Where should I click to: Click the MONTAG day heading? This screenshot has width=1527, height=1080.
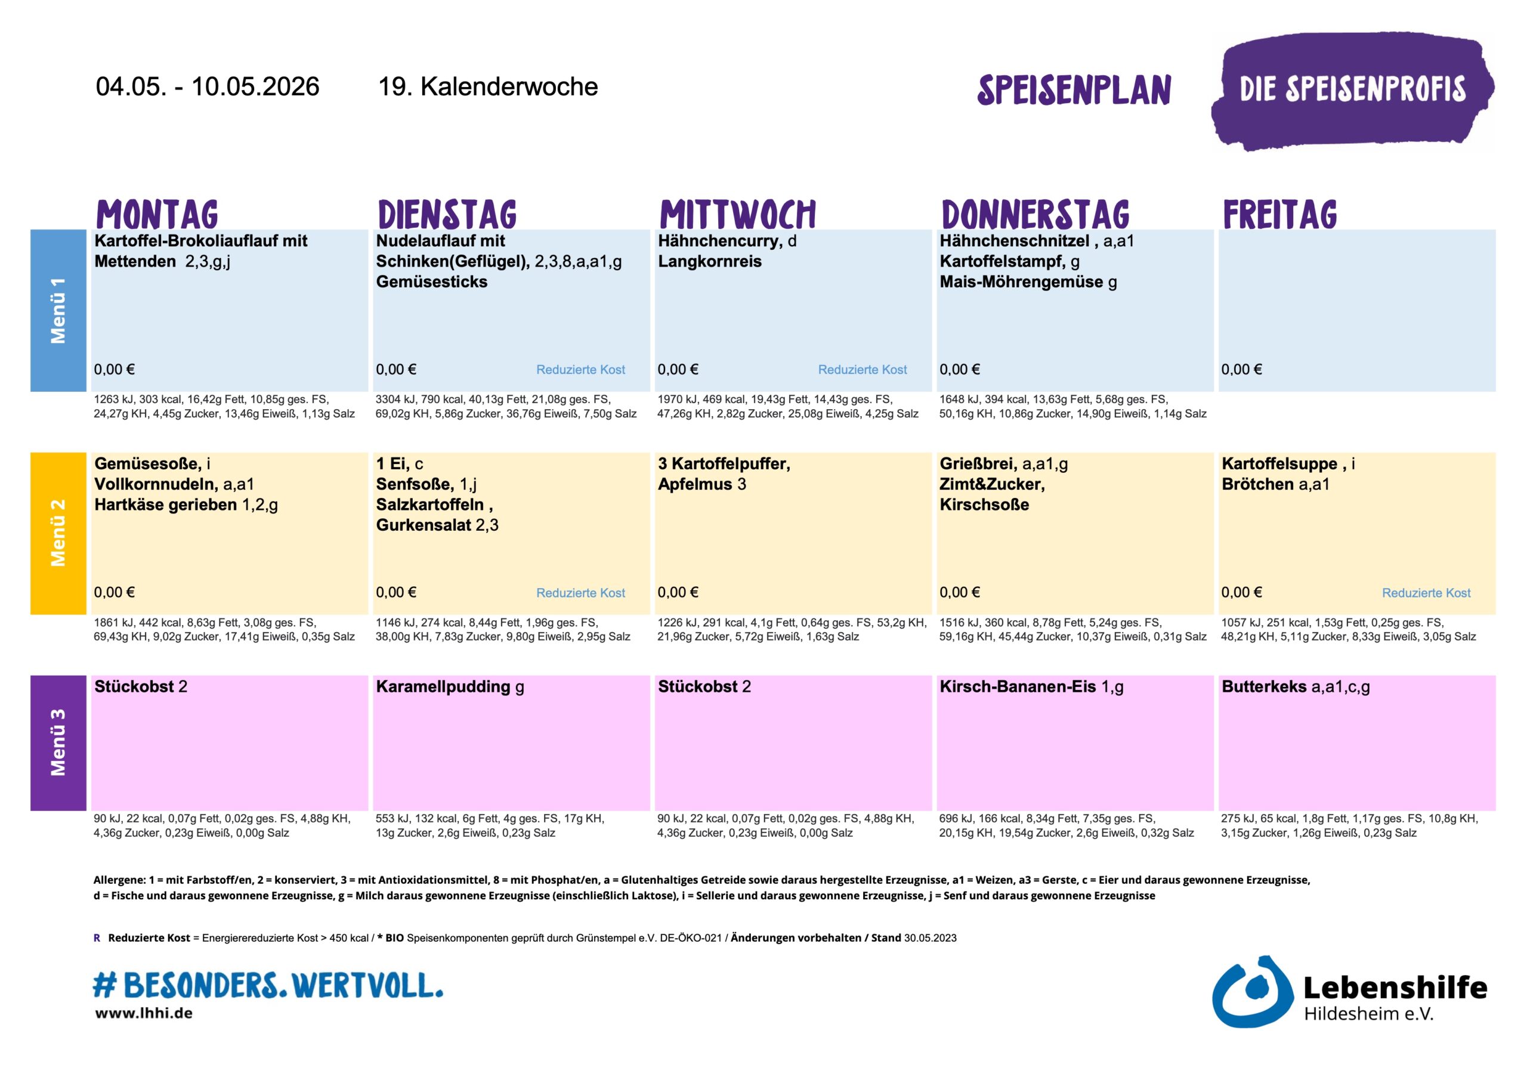tap(157, 214)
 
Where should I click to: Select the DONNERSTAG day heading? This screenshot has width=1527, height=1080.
tap(1035, 214)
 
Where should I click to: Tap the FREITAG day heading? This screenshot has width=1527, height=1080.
tap(1279, 214)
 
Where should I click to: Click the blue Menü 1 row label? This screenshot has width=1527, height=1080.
tap(58, 311)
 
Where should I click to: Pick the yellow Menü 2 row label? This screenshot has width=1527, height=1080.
tap(58, 533)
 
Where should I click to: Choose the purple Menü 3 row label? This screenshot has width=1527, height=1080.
tap(58, 742)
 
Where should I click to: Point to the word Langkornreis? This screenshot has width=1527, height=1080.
tap(710, 261)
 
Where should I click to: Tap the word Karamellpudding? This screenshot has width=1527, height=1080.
tap(443, 686)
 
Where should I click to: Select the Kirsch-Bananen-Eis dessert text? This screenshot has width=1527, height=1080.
tap(1018, 686)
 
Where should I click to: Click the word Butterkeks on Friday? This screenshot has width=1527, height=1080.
tap(1263, 686)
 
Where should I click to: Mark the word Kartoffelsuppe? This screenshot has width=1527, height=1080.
tap(1279, 463)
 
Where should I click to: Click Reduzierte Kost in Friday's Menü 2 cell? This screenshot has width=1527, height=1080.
tap(1426, 593)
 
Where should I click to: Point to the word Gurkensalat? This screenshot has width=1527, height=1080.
tap(424, 525)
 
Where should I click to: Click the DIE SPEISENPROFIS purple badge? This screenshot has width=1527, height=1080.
tap(1352, 90)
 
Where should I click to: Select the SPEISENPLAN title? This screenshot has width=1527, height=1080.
tap(1074, 91)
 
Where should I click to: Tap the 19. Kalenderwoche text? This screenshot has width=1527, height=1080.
tap(487, 86)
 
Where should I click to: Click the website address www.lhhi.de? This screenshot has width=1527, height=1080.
tap(144, 1013)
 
